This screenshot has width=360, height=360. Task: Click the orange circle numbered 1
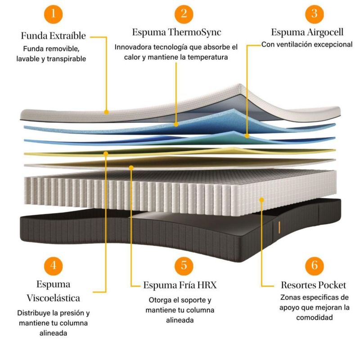pyautogui.click(x=54, y=13)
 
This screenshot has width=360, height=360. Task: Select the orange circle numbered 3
pyautogui.click(x=314, y=13)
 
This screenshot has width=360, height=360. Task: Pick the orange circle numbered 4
pyautogui.click(x=54, y=265)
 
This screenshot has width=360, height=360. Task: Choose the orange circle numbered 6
pyautogui.click(x=314, y=265)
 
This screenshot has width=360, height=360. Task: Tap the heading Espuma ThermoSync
pyautogui.click(x=177, y=32)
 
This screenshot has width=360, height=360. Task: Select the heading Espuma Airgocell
pyautogui.click(x=307, y=32)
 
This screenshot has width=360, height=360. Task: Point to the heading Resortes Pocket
pyautogui.click(x=314, y=285)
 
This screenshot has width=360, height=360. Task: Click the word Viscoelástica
pyautogui.click(x=54, y=298)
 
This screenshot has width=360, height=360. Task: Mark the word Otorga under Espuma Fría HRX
pyautogui.click(x=158, y=300)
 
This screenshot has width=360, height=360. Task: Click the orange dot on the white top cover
pyautogui.click(x=106, y=111)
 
